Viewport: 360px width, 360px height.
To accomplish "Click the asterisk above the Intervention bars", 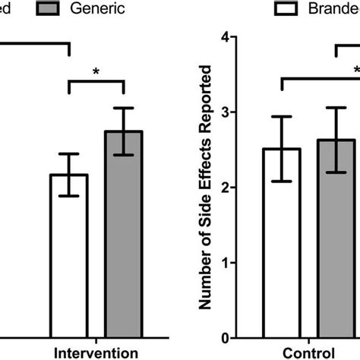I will [x=96, y=71].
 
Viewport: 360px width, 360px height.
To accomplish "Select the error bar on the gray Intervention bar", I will [x=124, y=131].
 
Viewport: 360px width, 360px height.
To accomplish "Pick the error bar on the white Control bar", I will [x=282, y=149].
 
